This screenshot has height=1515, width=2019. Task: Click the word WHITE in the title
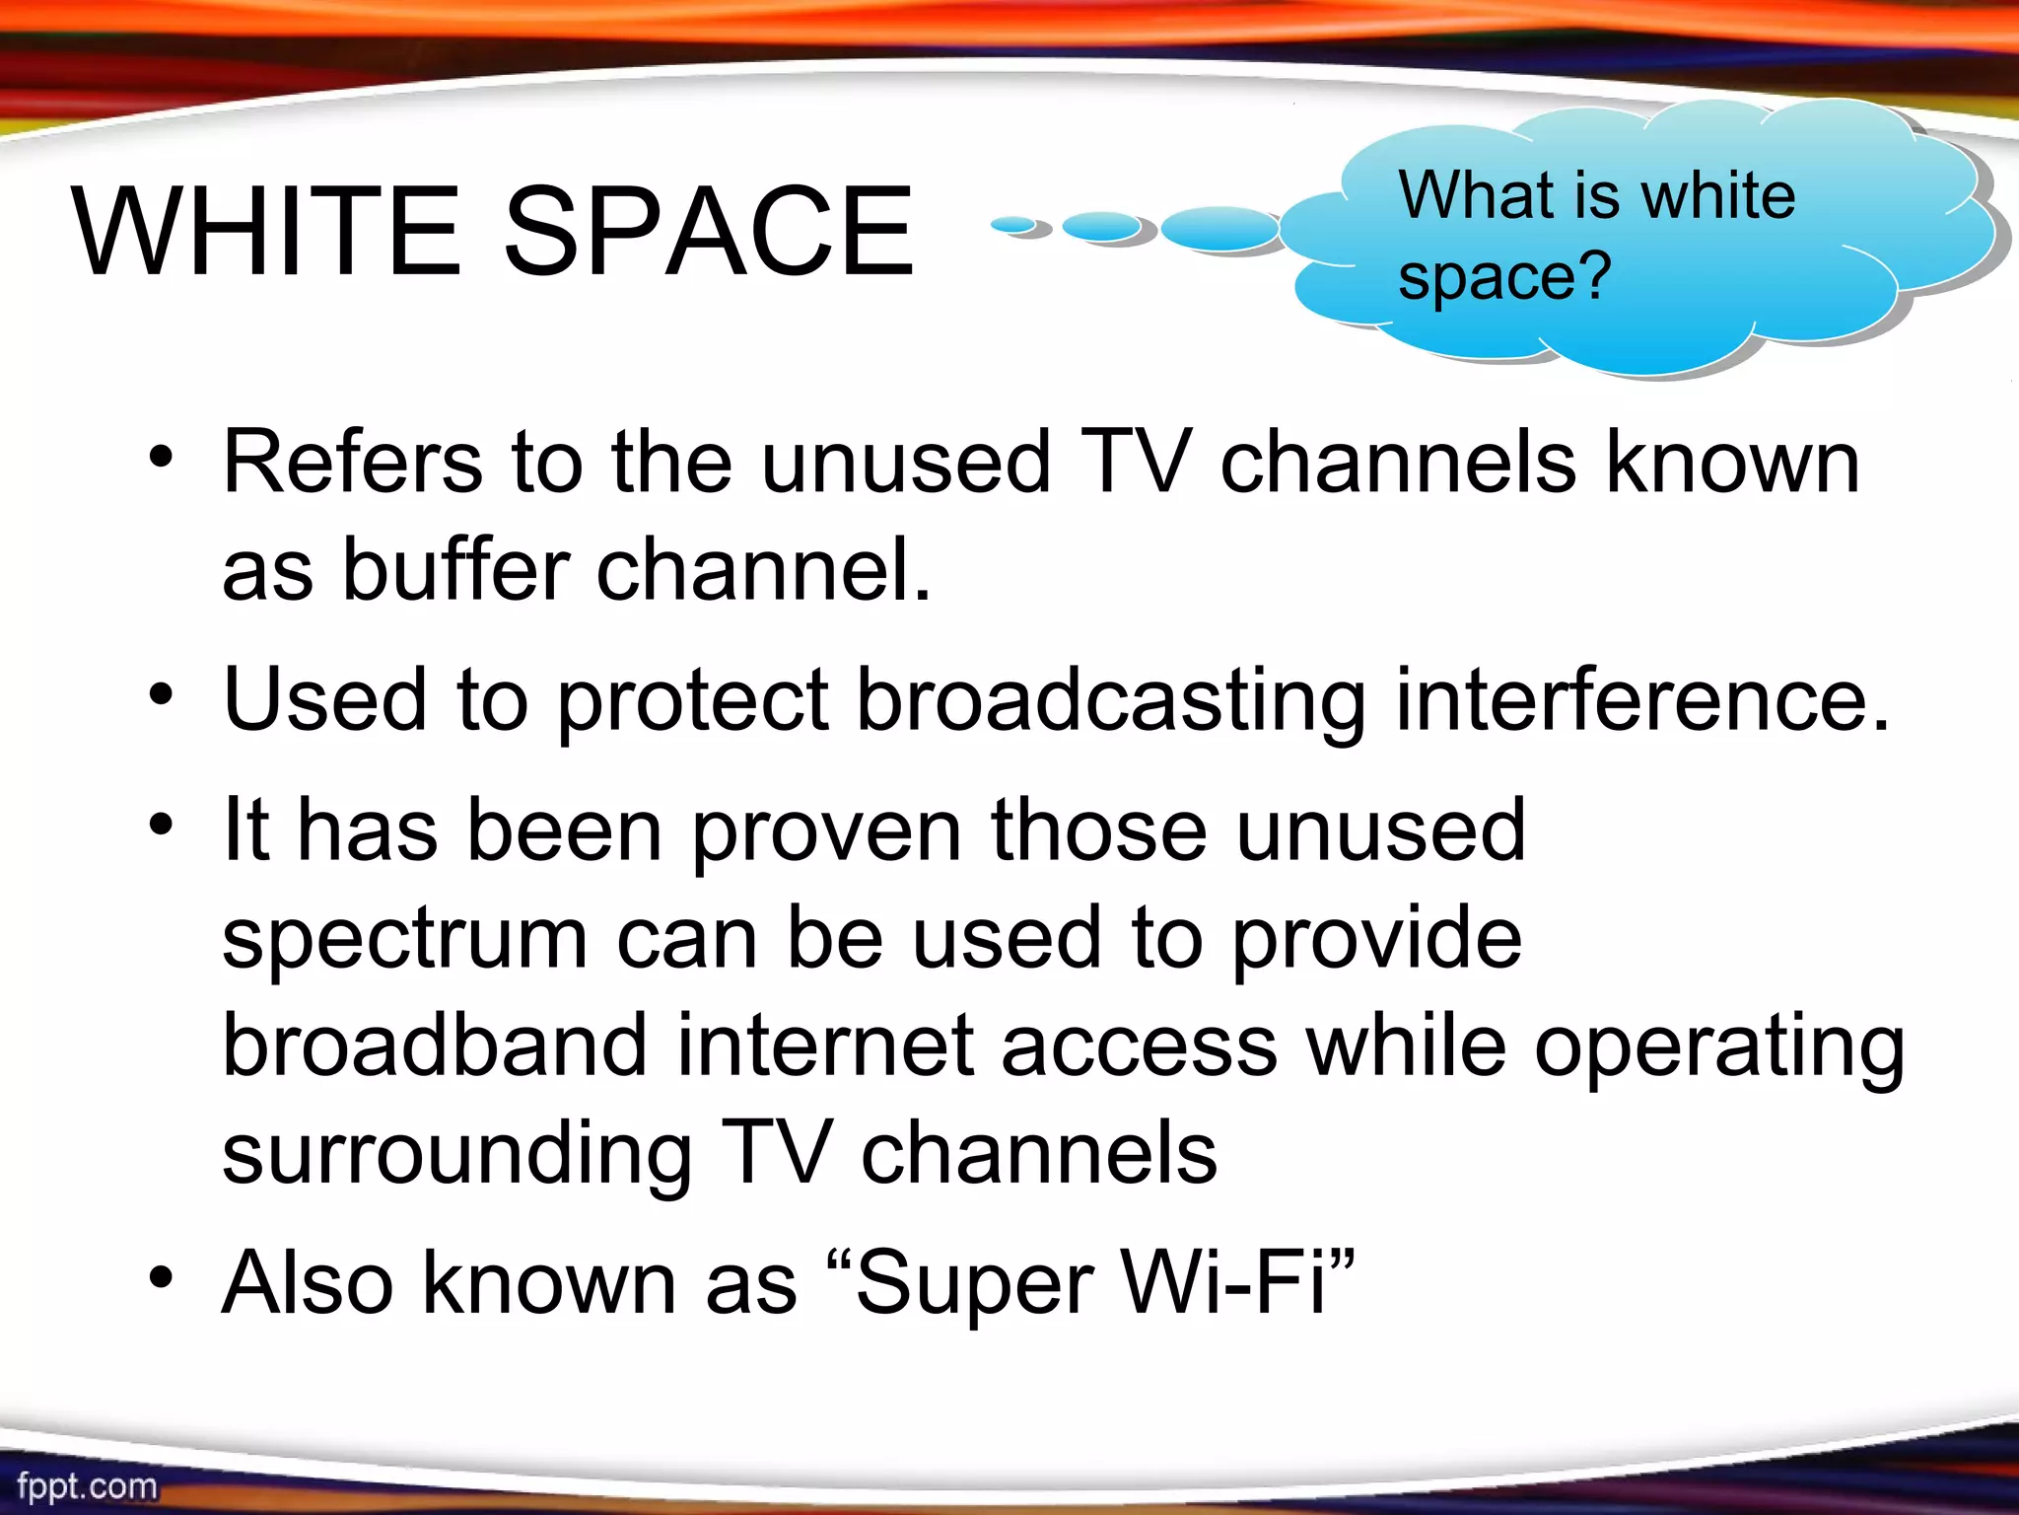tap(266, 232)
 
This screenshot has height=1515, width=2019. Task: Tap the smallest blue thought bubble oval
tap(1015, 226)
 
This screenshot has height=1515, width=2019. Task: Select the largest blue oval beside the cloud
tap(1220, 229)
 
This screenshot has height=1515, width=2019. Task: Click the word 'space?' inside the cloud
tap(1504, 278)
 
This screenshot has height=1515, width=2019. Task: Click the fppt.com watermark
tap(87, 1485)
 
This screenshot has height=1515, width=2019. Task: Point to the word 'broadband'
tap(435, 1046)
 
